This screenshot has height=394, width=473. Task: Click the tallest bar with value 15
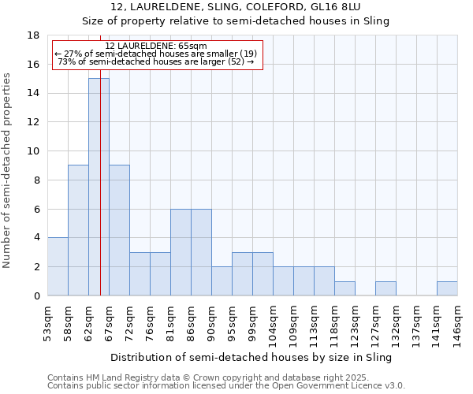click(99, 187)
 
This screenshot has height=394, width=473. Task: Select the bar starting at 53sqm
click(58, 266)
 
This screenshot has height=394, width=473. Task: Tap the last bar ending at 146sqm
click(447, 288)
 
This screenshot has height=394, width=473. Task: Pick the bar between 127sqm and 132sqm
click(385, 288)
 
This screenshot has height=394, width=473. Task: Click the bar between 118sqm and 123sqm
click(345, 288)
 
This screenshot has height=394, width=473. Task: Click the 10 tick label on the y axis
click(34, 151)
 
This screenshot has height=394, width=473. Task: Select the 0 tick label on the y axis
click(36, 295)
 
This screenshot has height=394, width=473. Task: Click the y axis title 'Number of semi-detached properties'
click(8, 170)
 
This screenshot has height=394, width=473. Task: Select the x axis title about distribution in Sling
click(251, 357)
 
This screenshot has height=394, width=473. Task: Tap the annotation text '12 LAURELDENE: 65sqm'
click(156, 46)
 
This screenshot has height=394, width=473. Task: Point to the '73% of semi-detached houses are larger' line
click(156, 61)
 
